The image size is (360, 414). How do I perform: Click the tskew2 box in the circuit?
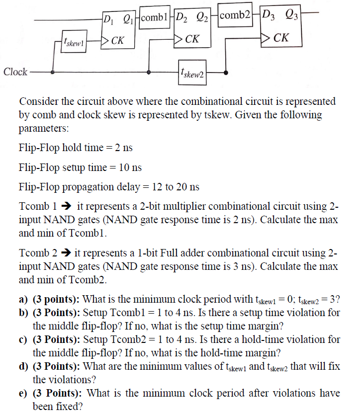click(192, 73)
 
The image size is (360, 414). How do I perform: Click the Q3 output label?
click(290, 19)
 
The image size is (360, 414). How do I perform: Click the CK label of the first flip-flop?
click(118, 40)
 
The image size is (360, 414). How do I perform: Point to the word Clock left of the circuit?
click(15, 72)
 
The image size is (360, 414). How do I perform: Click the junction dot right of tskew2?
click(227, 73)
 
